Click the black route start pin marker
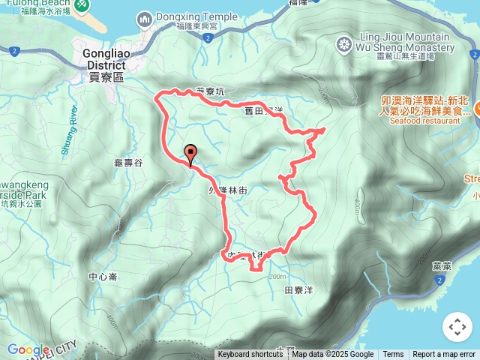point(190,154)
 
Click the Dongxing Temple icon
point(144,17)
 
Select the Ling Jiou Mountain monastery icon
point(344,43)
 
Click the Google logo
point(28,349)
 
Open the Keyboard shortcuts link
point(250,355)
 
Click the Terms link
point(393,355)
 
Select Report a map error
point(444,355)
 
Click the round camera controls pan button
point(457,326)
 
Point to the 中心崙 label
point(103,277)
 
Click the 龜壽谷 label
point(128,162)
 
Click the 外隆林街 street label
point(228,190)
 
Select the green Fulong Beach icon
point(81,5)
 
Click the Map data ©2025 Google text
point(333,355)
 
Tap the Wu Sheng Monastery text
point(405,48)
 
